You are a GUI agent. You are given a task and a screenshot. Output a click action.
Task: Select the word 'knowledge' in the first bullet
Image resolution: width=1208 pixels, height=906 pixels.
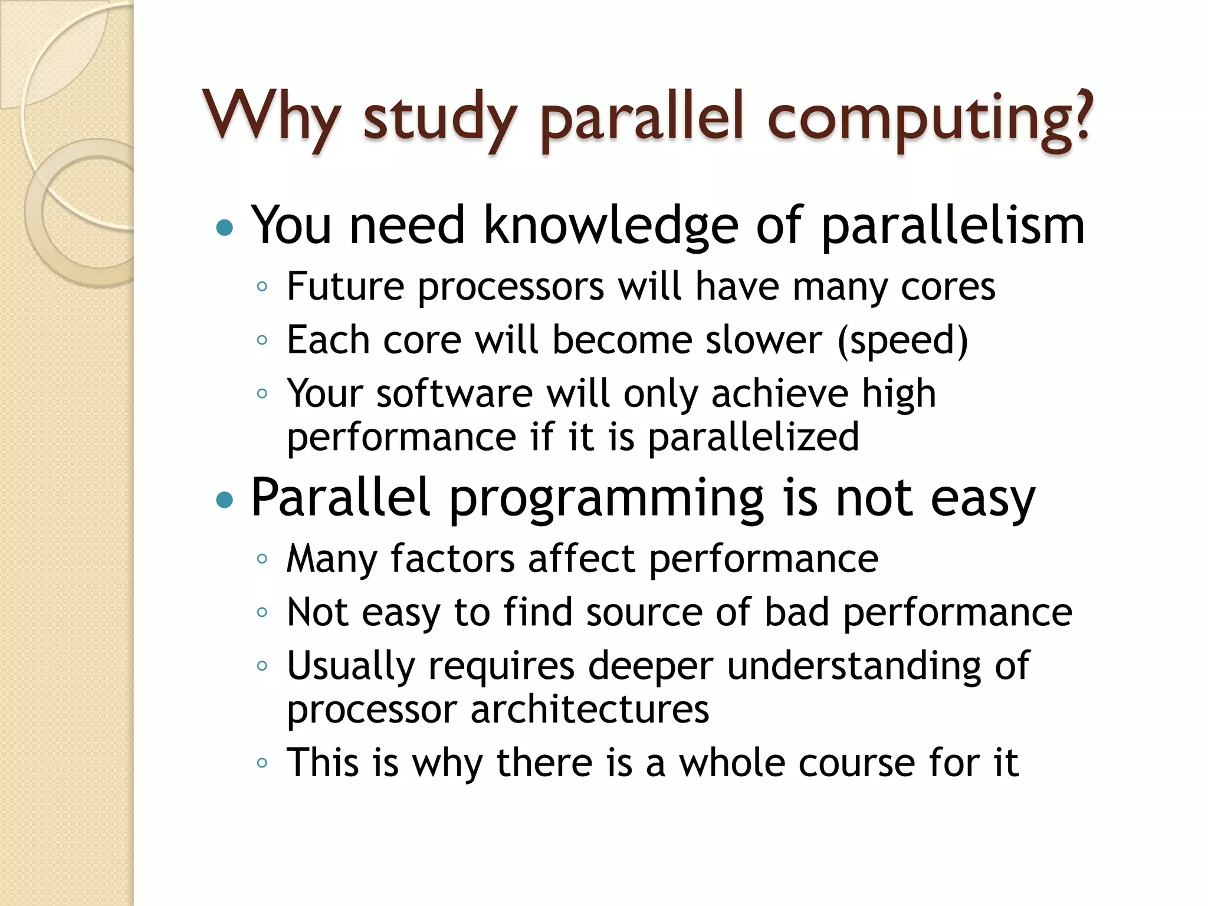611,226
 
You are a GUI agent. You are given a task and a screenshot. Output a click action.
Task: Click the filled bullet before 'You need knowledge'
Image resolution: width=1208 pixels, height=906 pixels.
225,227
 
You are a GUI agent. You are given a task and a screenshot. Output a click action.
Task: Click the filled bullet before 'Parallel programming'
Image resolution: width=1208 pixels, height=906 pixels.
225,500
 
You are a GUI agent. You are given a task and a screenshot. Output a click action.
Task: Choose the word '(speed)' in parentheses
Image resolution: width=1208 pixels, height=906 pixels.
902,341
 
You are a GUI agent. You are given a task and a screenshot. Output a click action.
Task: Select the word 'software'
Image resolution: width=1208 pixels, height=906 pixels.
454,393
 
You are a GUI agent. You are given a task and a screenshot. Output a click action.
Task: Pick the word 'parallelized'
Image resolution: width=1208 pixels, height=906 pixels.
753,437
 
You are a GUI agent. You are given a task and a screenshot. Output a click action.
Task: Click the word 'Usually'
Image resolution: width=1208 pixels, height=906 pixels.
351,666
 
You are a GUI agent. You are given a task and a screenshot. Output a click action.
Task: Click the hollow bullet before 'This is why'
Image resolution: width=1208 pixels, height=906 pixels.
262,763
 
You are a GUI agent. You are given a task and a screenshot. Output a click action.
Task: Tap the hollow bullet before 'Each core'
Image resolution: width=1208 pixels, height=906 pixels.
262,340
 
